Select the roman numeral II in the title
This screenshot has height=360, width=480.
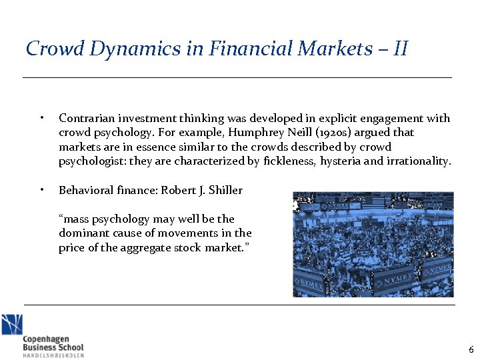tap(399, 49)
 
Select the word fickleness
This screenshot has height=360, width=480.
tap(289, 161)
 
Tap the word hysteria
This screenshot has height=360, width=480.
tap(341, 161)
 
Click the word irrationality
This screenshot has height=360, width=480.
tap(419, 161)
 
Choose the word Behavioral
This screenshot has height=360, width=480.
tap(84, 190)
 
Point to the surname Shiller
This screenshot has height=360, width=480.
tap(225, 190)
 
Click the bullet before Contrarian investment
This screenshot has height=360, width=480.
tap(41, 119)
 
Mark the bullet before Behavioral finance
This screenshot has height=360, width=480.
tap(41, 190)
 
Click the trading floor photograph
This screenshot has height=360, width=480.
tap(373, 245)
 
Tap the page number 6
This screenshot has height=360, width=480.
tap(471, 350)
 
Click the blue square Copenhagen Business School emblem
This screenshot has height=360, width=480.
tap(11, 325)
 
